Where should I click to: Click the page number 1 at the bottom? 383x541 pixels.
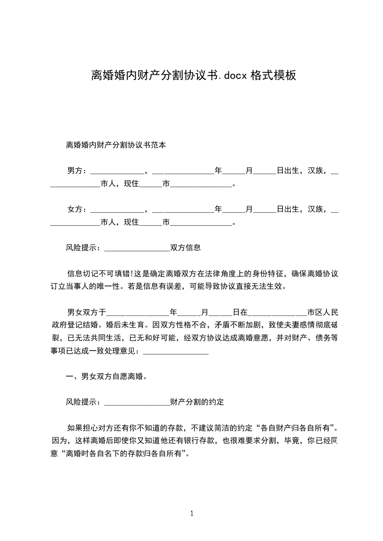(192, 513)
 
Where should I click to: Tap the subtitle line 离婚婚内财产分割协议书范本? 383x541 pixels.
(116, 145)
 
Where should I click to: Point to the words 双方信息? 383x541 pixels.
(185, 248)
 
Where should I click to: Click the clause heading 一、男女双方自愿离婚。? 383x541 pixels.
(106, 377)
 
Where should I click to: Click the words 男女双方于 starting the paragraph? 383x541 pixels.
(86, 312)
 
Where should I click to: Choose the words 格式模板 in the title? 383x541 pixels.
(273, 75)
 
